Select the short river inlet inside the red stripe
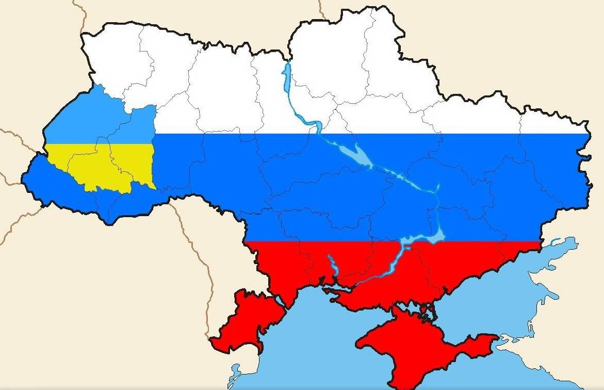tap(333, 266)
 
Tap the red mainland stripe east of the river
tap(464, 263)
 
